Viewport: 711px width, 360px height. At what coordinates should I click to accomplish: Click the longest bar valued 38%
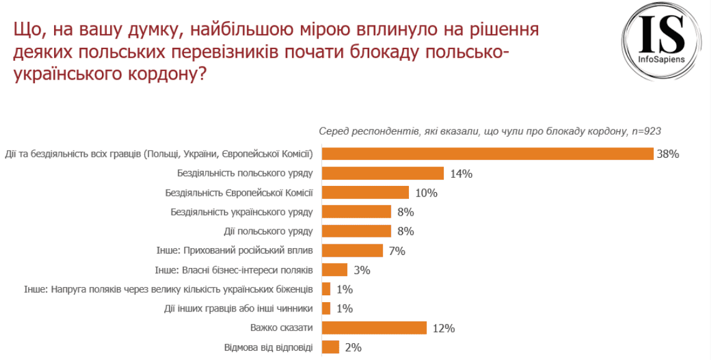point(487,154)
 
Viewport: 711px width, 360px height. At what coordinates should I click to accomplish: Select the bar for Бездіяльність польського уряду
point(382,173)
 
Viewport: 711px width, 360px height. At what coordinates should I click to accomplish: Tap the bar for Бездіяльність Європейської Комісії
point(365,192)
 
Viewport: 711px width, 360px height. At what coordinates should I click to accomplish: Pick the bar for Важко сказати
point(374,328)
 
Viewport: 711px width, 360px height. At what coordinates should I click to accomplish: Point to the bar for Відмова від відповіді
point(330,347)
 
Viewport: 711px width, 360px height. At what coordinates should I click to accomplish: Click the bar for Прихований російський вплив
point(352,251)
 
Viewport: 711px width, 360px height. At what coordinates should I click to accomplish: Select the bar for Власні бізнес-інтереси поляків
point(334,270)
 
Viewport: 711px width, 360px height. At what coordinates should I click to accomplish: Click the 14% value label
point(461,173)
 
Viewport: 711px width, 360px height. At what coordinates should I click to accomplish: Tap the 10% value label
point(426,193)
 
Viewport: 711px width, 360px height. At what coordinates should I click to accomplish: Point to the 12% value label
point(444,328)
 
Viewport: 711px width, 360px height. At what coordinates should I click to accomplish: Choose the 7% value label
point(397,251)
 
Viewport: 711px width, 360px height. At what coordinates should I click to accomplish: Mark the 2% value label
point(352,348)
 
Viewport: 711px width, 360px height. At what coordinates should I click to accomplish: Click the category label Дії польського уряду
point(268,231)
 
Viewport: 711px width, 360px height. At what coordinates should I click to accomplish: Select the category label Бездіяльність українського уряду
point(241,212)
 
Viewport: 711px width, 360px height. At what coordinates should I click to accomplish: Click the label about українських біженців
point(168,289)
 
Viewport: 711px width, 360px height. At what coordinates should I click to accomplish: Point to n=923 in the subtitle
point(645,131)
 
